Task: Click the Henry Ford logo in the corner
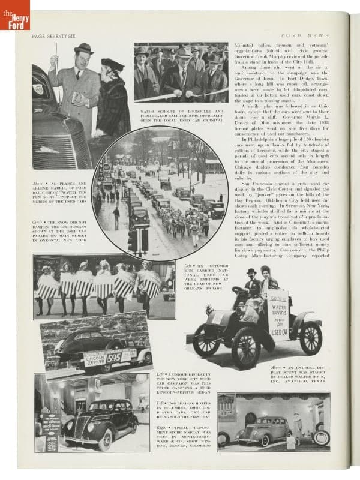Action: coord(14,14)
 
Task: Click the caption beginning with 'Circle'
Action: coord(60,223)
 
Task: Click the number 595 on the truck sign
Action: coord(127,356)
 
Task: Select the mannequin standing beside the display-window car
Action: coord(297,427)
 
